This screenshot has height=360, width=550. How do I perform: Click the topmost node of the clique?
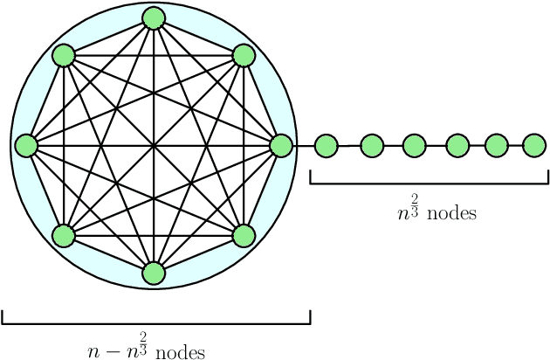[154, 17]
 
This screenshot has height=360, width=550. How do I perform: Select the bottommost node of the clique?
[154, 273]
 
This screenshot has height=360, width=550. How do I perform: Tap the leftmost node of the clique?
[26, 145]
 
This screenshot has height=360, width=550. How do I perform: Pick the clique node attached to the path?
[280, 145]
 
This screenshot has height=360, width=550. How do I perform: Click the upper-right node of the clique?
[244, 56]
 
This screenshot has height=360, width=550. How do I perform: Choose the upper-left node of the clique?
[64, 56]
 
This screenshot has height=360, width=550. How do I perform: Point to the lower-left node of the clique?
[64, 235]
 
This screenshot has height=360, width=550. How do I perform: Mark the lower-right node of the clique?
[244, 235]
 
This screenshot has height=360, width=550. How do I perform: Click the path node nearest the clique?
[326, 145]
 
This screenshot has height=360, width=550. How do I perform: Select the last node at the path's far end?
[534, 145]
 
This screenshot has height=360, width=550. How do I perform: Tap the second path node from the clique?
[372, 145]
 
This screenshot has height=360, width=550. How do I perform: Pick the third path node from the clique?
[414, 145]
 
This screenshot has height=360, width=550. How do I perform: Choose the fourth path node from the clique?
[457, 145]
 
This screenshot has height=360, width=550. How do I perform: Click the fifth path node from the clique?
[497, 145]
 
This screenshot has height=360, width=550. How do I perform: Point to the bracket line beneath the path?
[429, 183]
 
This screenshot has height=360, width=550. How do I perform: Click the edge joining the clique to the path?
[303, 145]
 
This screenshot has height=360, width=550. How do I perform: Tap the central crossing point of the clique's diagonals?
[154, 145]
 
